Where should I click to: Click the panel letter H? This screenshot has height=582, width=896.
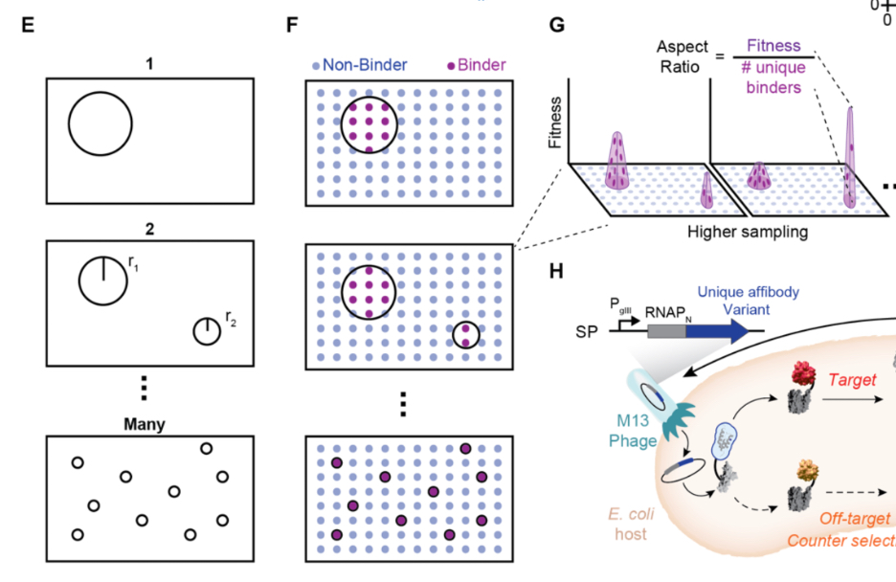pos(557,272)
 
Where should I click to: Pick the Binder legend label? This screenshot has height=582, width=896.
pos(482,65)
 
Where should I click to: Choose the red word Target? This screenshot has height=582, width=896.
pos(851,380)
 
